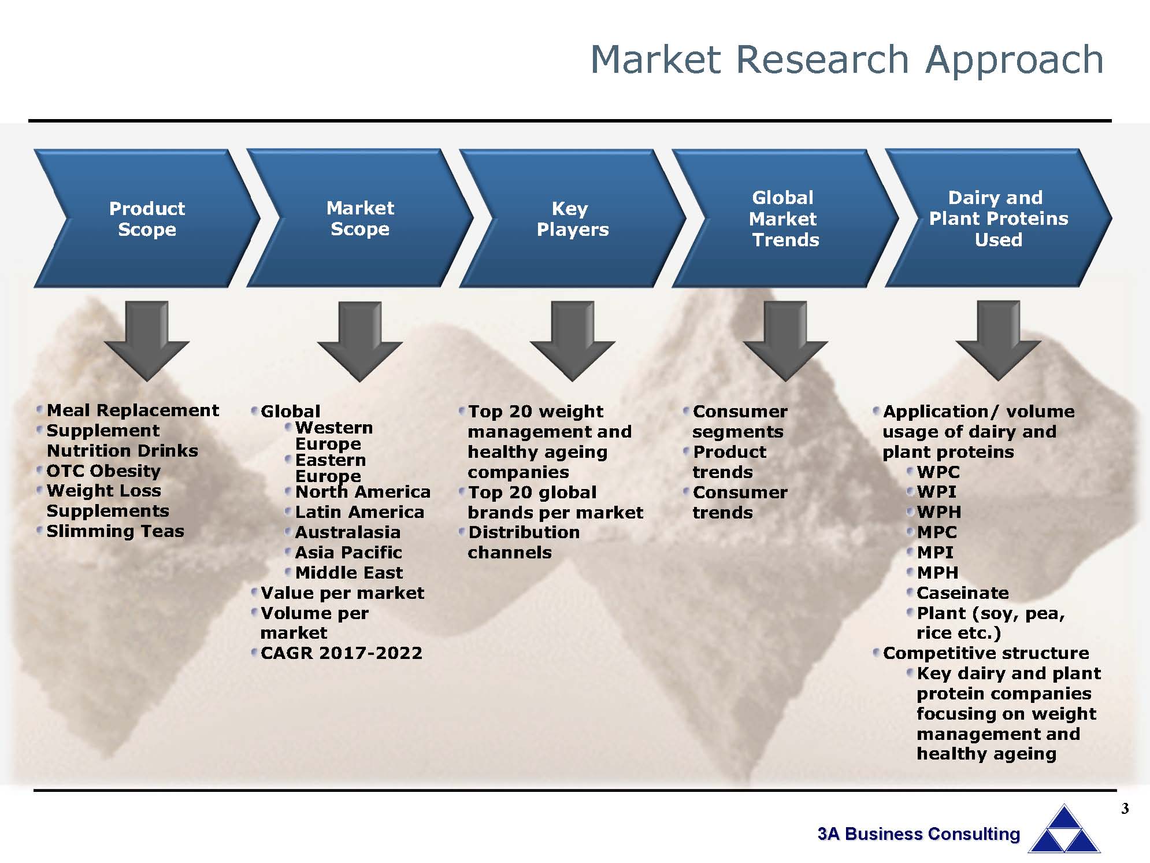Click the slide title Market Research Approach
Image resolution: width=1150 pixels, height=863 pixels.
(847, 60)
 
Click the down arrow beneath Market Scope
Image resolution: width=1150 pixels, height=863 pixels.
(359, 341)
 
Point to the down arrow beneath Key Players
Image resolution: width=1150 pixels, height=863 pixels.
(572, 341)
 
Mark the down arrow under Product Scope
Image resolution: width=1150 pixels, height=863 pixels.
(147, 341)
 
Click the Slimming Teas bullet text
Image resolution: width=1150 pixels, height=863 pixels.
(115, 531)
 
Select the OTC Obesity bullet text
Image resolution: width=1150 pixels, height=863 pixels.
(103, 471)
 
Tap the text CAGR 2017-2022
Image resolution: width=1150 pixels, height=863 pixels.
(342, 653)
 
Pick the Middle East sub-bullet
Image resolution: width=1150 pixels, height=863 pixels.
(349, 573)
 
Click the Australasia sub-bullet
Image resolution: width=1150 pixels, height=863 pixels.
(348, 532)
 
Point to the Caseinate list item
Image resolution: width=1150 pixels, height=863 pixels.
(963, 593)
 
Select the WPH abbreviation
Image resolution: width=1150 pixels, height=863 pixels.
(939, 512)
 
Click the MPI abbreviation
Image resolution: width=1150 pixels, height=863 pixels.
(935, 553)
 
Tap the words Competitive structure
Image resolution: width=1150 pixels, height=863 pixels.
(986, 653)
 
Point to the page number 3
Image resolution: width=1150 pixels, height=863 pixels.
(1125, 809)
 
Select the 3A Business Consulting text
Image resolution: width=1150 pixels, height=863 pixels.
(919, 834)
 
